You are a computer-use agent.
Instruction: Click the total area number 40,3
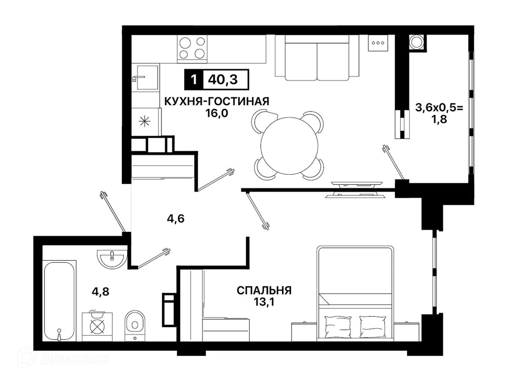(x=223, y=80)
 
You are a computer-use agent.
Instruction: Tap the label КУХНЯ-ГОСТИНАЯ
(x=217, y=101)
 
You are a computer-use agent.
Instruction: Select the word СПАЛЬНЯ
(x=264, y=291)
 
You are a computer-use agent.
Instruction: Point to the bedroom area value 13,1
(x=264, y=302)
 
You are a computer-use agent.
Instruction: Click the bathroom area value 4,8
(x=101, y=292)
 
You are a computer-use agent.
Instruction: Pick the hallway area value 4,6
(x=176, y=219)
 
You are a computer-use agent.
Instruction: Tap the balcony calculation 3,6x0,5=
(x=440, y=108)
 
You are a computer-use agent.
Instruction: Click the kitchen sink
(x=147, y=77)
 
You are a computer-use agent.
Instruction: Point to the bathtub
(x=59, y=301)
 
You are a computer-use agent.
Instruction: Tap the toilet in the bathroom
(x=135, y=326)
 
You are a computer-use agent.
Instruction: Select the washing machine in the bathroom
(x=97, y=327)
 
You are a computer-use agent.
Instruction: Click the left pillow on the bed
(x=338, y=327)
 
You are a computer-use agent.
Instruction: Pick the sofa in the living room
(x=317, y=58)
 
